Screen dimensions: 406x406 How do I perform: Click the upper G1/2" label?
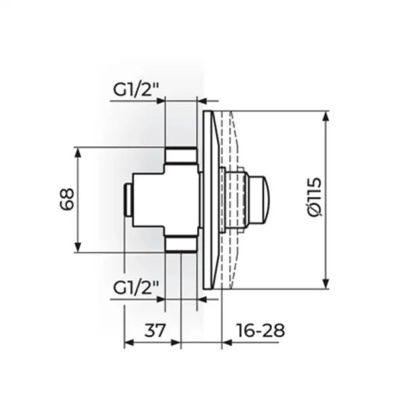pos(136,89)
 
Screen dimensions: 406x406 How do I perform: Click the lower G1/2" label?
pos(136,288)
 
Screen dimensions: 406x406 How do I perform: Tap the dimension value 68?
pos(67,200)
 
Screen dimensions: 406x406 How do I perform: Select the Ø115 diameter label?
pos(315,198)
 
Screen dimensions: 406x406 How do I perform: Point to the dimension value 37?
pos(154,330)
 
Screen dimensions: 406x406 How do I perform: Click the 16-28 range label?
pos(261,330)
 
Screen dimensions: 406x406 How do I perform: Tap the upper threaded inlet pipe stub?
pos(181,156)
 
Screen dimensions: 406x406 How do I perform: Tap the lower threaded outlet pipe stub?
pos(181,244)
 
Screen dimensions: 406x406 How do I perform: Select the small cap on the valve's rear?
pos(129,200)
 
